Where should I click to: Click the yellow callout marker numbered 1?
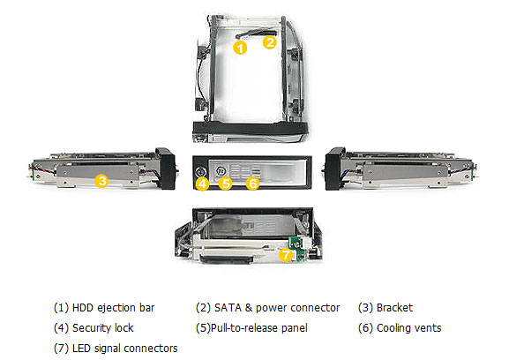pos(240,48)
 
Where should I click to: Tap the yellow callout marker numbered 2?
pos(269,42)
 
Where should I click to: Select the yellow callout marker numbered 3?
pos(101,181)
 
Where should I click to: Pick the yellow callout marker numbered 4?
pos(202,184)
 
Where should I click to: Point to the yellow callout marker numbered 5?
pos(225,183)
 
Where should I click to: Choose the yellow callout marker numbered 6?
pos(252,184)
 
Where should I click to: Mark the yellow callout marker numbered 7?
pos(286,254)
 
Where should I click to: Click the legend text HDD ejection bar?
pos(113,308)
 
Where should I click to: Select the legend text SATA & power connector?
pos(277,308)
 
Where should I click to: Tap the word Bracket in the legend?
pos(394,308)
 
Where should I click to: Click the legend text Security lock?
pos(103,328)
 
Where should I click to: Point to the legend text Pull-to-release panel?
pos(259,328)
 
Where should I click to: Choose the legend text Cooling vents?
pos(409,328)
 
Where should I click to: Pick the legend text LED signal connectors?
pos(125,349)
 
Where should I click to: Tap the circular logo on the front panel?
pos(221,170)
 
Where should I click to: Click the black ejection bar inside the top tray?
pos(256,33)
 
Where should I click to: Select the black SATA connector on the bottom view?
pos(227,259)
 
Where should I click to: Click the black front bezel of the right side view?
pos(335,169)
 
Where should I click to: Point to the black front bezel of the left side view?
pos(165,169)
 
